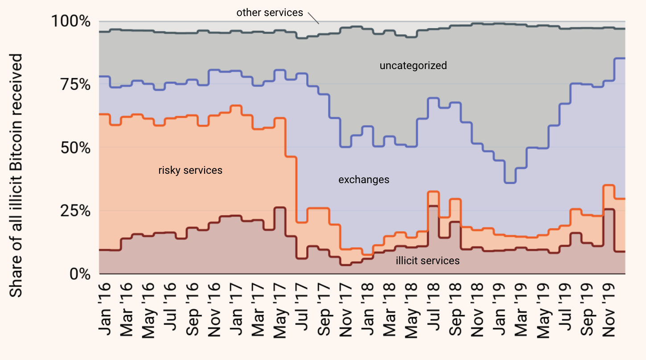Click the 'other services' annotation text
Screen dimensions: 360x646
coord(269,12)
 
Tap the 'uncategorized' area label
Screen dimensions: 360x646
coord(413,66)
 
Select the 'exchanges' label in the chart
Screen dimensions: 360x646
coord(364,180)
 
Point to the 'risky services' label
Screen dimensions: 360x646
coord(190,170)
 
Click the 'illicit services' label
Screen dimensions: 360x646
coord(428,261)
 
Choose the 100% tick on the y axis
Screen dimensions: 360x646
coord(71,21)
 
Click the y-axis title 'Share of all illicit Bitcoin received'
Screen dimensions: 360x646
coord(16,176)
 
